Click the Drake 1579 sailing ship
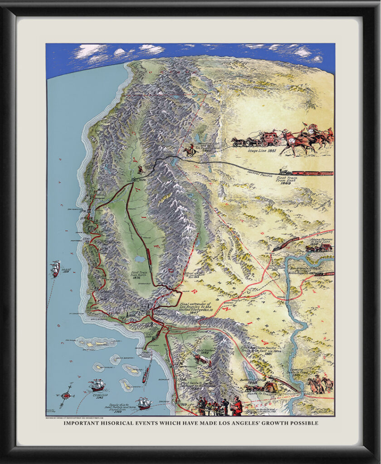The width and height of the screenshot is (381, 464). pos(55,268)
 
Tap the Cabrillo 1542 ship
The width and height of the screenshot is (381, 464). pos(97,385)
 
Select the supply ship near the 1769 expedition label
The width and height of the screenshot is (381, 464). pos(143,402)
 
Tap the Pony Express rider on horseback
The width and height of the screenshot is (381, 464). pos(189,151)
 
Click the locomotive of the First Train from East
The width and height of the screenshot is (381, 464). pos(285,172)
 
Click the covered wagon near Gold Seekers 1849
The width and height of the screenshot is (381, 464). pos(203,360)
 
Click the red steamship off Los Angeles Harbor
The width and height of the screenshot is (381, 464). pos(145,375)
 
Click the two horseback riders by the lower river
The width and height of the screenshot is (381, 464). pos(321,384)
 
